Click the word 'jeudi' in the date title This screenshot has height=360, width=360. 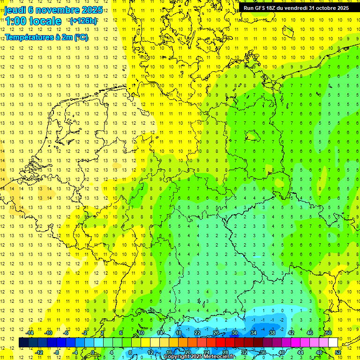15,10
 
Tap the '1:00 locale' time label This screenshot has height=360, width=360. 33,21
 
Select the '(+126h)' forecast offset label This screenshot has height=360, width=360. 83,21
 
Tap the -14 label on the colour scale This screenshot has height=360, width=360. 30,333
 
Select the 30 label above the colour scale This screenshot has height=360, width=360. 234,333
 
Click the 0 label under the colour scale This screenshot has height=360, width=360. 93,352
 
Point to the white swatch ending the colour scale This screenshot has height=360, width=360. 333,343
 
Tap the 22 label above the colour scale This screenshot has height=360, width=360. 197,333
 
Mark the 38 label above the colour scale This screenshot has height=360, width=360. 272,333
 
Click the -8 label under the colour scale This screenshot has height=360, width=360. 57,352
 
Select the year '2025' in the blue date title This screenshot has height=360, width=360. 89,10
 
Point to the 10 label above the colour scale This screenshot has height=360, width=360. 141,333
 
